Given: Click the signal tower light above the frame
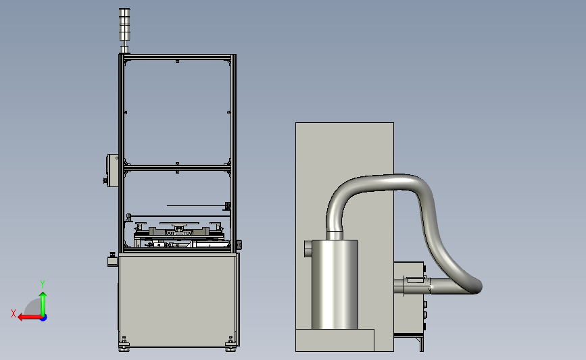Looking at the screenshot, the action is click(x=124, y=30).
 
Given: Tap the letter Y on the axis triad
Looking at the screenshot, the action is click(x=43, y=284).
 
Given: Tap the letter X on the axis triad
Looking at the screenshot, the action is click(x=14, y=313).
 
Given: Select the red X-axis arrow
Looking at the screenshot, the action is click(x=30, y=317).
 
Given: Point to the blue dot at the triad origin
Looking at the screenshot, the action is click(x=44, y=318).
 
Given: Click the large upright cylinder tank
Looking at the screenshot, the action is click(x=335, y=284).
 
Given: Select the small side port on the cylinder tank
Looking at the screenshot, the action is click(x=308, y=249).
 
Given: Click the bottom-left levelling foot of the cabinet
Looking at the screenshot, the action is click(x=124, y=344).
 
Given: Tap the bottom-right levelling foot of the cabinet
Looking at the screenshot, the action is click(x=230, y=344).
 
